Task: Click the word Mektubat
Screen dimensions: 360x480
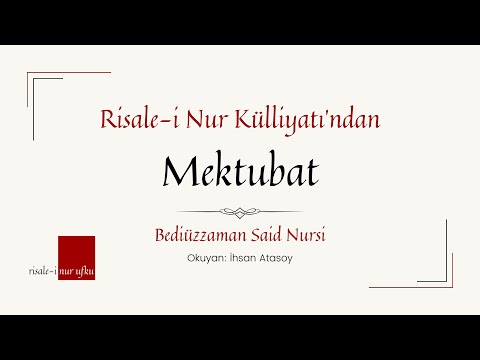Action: (239, 174)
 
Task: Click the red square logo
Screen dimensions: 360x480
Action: (76, 258)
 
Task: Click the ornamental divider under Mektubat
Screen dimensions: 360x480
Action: (239, 211)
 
